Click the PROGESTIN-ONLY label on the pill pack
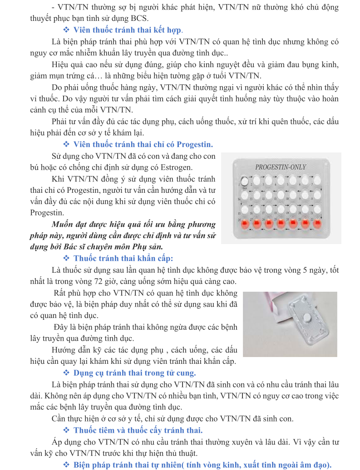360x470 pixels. tap(281, 167)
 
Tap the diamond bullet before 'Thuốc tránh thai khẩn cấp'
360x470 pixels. tap(66, 259)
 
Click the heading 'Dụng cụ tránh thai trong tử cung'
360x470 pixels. tap(134, 373)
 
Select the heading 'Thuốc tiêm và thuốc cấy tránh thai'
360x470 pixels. tap(138, 430)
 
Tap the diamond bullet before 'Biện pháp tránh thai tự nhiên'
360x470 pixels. tap(66, 465)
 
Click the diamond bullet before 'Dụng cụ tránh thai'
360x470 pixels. tap(66, 373)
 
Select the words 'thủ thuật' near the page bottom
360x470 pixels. tap(182, 453)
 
